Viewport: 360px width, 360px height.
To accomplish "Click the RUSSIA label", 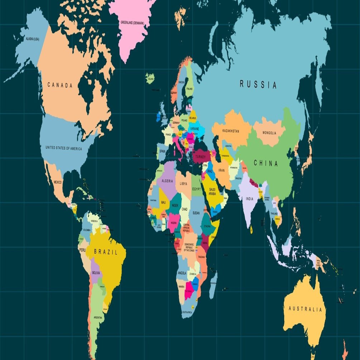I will pos(258,85).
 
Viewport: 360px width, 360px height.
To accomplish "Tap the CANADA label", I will pos(60,85).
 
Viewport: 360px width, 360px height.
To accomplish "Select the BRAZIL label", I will pos(105,252).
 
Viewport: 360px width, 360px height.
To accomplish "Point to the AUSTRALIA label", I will pos(305,309).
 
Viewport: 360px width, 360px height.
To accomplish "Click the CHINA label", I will pos(266,163).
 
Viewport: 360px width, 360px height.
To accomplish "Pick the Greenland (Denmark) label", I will pos(132,23).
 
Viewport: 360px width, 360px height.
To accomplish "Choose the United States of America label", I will pos(63,148).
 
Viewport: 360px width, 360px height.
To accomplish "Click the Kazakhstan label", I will pos(230,131).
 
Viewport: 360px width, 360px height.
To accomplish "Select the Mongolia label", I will pos(269,133).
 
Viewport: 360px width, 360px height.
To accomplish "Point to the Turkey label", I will pos(201,157).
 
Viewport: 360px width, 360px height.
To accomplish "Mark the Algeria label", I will pos(167,181).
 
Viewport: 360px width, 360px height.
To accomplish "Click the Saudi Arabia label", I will pos(212,192).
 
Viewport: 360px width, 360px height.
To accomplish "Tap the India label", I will pos(249,199).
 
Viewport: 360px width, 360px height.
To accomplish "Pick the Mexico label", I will pos(57,182).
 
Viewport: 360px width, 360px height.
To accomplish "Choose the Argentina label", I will pos(98,317).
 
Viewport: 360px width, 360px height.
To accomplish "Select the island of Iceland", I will pos(150,78).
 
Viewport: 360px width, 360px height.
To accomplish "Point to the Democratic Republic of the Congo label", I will pos(189,247).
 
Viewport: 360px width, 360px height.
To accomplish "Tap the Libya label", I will pos(183,184).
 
